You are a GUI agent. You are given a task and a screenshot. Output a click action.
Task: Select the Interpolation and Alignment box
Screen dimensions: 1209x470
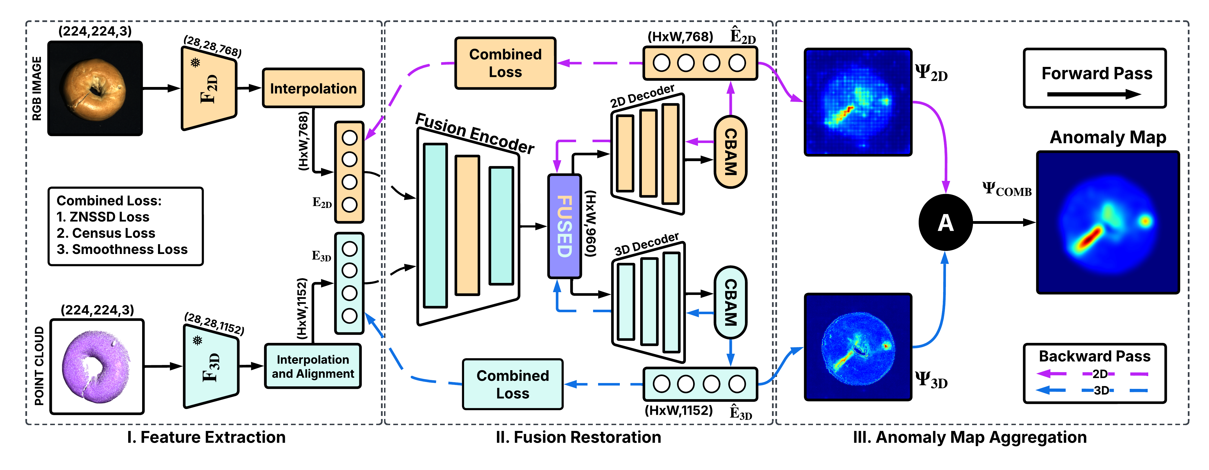pos(313,366)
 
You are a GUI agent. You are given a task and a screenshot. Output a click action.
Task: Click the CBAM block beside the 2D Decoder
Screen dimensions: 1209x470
pos(730,152)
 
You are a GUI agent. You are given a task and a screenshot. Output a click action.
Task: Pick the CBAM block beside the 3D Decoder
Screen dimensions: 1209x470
pos(730,302)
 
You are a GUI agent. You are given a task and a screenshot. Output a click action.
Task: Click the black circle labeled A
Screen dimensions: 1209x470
pos(945,222)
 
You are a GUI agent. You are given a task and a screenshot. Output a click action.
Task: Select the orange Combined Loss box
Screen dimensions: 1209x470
pos(506,63)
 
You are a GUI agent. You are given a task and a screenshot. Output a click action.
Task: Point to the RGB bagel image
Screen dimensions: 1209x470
pos(95,88)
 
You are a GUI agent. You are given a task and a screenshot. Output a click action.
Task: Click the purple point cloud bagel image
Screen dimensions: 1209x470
pos(97,366)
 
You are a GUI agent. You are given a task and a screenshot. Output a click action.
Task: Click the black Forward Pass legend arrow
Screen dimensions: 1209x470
pos(1094,95)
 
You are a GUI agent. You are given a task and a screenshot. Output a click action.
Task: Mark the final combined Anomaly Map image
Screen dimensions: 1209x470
pos(1108,222)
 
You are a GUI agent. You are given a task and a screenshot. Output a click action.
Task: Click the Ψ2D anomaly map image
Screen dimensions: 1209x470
pos(858,102)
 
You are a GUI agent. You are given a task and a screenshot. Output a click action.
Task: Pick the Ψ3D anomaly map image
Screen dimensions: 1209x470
pos(858,347)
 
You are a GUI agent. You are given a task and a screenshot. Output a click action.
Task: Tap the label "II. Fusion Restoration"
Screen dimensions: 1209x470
pos(578,437)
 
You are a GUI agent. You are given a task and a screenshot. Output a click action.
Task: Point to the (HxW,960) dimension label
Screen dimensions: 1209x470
pos(590,224)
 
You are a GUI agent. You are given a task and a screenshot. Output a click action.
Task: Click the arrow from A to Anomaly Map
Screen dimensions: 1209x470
pos(1004,222)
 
